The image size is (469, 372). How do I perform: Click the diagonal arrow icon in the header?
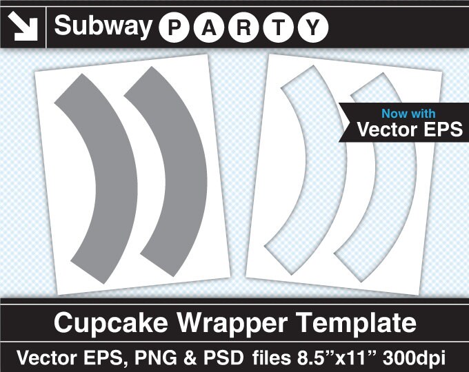[x=23, y=26]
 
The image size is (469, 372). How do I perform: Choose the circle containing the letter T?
[x=278, y=28]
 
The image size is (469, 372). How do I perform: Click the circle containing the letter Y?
[x=312, y=28]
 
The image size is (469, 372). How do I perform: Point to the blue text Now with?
[x=408, y=114]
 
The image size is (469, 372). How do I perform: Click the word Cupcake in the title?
[x=104, y=323]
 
